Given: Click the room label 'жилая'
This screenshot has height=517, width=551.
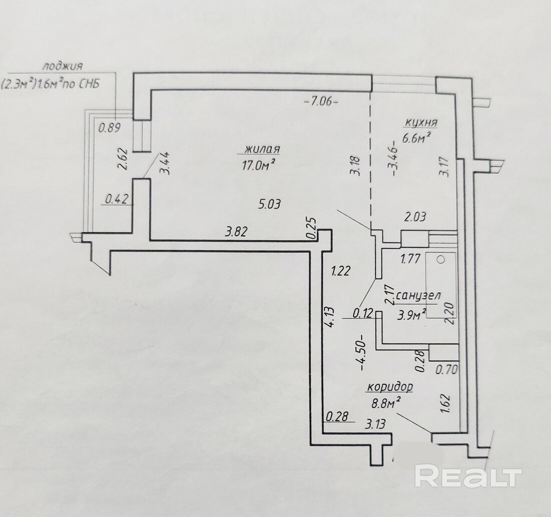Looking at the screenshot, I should click(x=262, y=149).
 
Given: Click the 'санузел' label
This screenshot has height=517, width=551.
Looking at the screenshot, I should click(x=419, y=296).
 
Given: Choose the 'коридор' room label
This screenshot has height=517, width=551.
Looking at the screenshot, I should click(x=390, y=387).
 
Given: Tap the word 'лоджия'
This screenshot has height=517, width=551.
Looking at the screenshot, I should click(x=62, y=66).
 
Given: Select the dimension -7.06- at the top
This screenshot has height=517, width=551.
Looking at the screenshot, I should click(x=321, y=101).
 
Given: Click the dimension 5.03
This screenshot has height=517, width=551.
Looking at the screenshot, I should click(x=270, y=204).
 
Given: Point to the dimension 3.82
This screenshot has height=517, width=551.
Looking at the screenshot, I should click(x=236, y=232).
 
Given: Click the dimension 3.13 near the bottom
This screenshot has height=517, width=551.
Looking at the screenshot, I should click(x=375, y=425).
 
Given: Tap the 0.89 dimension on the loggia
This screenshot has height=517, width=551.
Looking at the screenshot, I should click(x=109, y=128).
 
